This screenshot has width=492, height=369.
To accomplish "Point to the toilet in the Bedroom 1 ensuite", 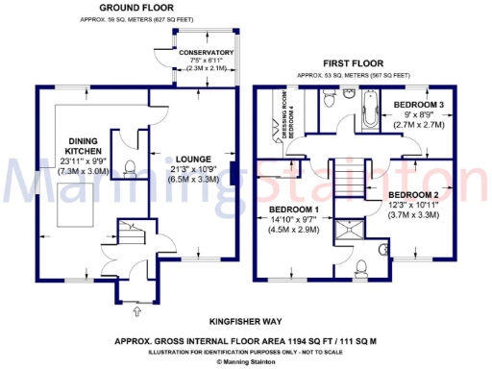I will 363,265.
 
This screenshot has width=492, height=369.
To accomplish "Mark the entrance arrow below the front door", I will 135,312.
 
